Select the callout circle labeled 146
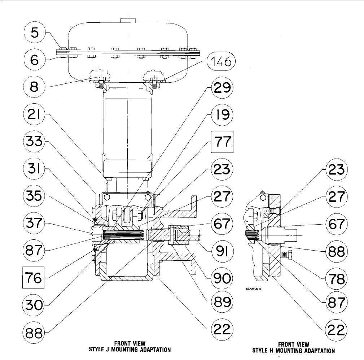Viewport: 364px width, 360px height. tap(221, 62)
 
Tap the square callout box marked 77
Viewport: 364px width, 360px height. tap(222, 142)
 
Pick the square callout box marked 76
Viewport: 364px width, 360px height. tap(34, 278)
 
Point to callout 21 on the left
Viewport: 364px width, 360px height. tap(35, 114)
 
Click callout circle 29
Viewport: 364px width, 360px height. tap(222, 88)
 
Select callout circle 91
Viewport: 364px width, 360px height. tap(222, 251)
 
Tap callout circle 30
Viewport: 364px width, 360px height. tap(34, 305)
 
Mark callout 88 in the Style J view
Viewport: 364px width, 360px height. tap(34, 332)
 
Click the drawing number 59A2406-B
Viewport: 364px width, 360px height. tap(254, 289)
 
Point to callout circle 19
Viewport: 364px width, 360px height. tap(222, 114)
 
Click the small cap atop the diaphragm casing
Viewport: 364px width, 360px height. tap(128, 21)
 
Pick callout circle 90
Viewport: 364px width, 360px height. tap(222, 278)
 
